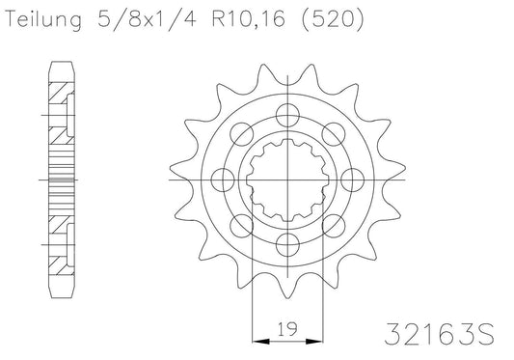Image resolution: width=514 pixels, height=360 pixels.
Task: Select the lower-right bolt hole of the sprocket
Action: (x=335, y=224)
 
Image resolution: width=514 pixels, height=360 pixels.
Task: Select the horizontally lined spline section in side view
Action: (x=60, y=178)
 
